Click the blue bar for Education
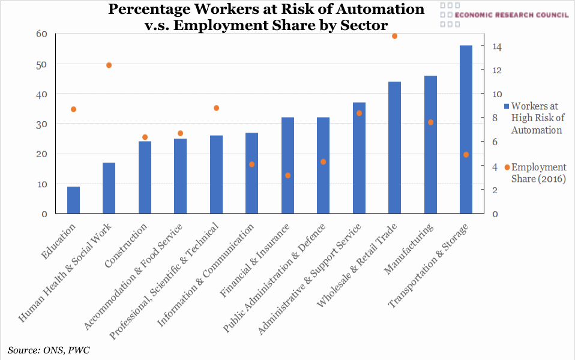point(73,200)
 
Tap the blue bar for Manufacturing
point(430,145)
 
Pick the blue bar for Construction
point(145,178)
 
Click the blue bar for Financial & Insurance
point(287,166)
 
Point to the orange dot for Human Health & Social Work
point(109,65)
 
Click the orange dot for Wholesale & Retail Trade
point(394,36)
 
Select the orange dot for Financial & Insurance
point(287,175)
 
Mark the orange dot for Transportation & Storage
point(466,155)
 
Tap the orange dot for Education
point(73,109)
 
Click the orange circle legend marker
point(507,167)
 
